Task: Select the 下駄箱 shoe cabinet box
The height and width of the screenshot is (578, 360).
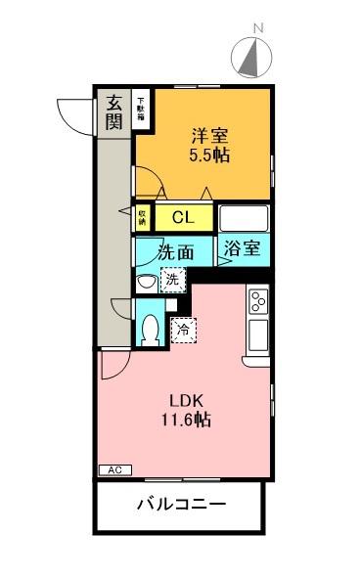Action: tap(142, 107)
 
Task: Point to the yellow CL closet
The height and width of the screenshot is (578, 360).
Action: tap(182, 217)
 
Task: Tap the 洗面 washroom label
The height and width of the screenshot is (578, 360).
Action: tap(176, 251)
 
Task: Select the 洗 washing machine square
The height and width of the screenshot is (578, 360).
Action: tap(171, 281)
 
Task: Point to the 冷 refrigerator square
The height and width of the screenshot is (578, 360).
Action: tap(183, 330)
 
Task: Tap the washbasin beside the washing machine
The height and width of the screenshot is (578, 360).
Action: tap(146, 283)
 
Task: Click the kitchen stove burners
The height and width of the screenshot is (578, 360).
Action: tap(258, 301)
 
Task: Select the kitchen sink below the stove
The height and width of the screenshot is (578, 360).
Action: tap(258, 334)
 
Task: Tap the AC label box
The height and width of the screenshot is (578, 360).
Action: tap(112, 469)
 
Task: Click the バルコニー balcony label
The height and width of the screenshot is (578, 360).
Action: tap(180, 507)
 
